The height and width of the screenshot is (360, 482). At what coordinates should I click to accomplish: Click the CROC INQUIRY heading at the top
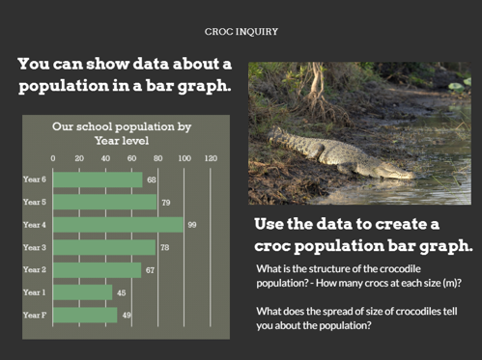[x=241, y=31]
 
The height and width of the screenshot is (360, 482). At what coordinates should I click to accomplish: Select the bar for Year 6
[x=97, y=180]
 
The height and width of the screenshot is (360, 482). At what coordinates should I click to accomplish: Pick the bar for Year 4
[x=117, y=225]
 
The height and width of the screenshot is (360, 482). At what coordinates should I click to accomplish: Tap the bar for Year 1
[x=82, y=292]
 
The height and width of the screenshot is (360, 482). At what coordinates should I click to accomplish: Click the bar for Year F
[x=84, y=315]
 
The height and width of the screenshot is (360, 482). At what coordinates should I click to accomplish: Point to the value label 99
[x=191, y=225]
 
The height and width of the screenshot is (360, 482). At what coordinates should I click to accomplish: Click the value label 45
[x=121, y=292]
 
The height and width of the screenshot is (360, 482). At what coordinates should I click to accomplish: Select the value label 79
[x=165, y=203]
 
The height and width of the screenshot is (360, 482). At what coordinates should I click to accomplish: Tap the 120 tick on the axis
[x=211, y=158]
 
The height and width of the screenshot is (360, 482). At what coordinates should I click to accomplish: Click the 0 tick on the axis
[x=53, y=158]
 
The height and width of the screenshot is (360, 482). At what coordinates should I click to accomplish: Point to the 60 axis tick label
[x=131, y=158]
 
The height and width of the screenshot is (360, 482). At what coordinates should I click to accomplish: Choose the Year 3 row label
[x=35, y=248]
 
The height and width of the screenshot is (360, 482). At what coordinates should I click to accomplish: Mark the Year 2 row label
[x=35, y=270]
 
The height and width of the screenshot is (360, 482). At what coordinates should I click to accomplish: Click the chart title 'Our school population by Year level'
[x=122, y=133]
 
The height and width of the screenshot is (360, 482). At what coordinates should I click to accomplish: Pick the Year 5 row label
[x=35, y=203]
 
